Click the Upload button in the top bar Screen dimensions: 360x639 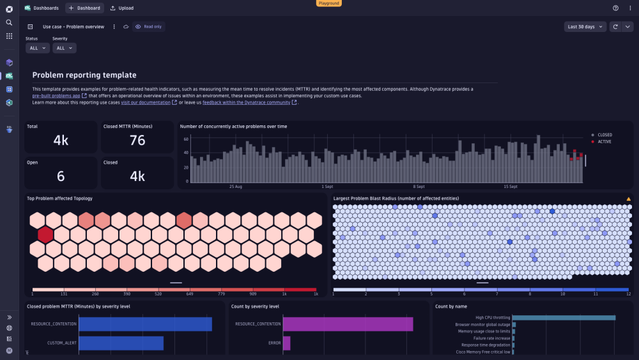point(121,8)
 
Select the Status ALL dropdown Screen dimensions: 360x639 point(38,48)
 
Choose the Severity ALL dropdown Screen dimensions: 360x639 point(64,48)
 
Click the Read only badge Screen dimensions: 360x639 point(149,27)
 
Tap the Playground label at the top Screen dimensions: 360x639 point(329,3)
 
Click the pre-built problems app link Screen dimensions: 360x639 point(56,96)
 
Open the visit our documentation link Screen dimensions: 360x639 point(146,102)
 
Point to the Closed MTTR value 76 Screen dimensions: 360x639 point(137,140)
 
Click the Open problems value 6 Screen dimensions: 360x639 point(61,176)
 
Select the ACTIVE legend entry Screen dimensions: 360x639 point(604,141)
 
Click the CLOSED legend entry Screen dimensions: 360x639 point(604,135)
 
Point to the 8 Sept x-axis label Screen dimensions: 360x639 point(419,187)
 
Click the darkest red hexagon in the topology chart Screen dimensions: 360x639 point(45,234)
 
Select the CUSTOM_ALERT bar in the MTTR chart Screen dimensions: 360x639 point(121,343)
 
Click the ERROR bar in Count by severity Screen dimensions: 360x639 point(287,343)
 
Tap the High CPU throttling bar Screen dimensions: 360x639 point(564,317)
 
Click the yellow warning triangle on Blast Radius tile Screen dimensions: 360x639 point(628,199)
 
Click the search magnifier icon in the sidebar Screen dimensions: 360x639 point(9,22)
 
